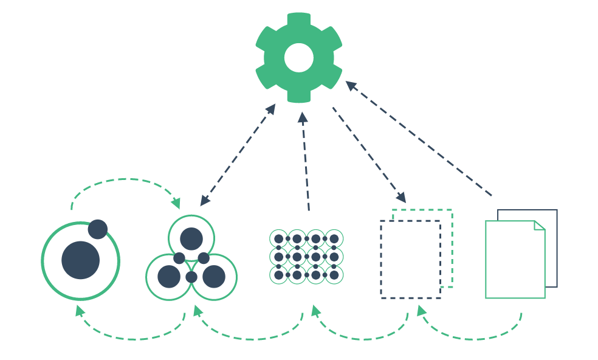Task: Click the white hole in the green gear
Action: click(299, 58)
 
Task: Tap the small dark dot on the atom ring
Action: click(98, 229)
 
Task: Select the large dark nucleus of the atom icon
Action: click(81, 260)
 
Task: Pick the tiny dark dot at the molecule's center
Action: click(191, 277)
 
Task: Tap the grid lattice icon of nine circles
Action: click(306, 257)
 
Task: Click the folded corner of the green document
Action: click(538, 226)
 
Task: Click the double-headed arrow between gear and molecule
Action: click(238, 155)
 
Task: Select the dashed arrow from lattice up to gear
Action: click(306, 161)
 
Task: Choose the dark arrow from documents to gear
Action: click(419, 139)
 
